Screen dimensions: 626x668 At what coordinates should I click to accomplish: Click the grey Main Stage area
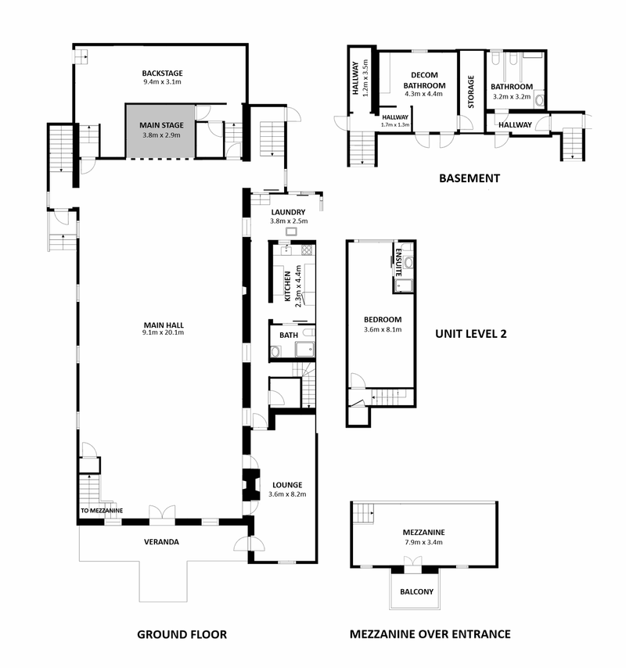[160, 131]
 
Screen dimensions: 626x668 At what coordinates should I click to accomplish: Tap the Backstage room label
[162, 74]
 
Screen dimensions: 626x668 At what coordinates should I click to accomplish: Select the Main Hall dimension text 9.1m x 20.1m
[164, 332]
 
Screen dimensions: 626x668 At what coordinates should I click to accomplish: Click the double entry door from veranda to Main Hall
[162, 513]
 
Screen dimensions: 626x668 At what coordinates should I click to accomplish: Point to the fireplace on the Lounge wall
[250, 485]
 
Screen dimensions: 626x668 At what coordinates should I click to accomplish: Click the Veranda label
[161, 542]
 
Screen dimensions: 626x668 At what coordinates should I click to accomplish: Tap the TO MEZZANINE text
[102, 510]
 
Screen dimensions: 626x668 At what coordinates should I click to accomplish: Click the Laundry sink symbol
[291, 232]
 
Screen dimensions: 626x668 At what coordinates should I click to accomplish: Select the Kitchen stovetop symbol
[307, 250]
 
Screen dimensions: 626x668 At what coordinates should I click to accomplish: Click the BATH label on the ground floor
[289, 336]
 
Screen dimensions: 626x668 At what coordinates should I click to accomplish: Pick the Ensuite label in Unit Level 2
[398, 263]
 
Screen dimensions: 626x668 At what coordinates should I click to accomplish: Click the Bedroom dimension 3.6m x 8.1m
[383, 329]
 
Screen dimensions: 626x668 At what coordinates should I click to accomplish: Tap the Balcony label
[416, 592]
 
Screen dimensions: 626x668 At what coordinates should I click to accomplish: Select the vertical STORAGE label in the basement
[471, 92]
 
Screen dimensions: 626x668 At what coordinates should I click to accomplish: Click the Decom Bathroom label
[424, 80]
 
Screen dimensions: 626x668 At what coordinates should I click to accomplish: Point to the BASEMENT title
[469, 178]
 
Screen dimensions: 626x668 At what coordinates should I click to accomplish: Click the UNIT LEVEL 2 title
[471, 333]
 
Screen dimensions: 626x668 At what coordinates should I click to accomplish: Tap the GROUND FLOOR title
[182, 634]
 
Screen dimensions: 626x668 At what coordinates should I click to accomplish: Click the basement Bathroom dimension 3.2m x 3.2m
[512, 97]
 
